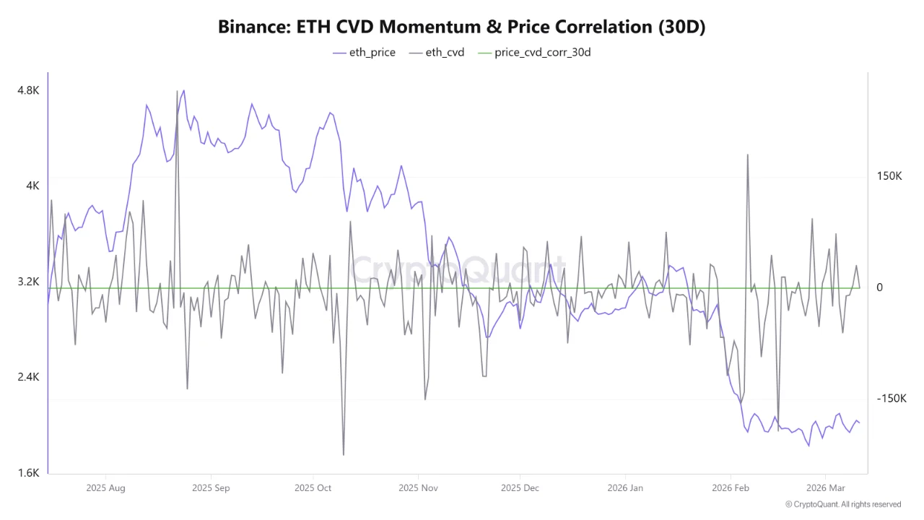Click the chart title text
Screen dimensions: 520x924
pos(461,27)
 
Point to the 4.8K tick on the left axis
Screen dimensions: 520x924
pos(28,90)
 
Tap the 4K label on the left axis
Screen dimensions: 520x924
pos(32,186)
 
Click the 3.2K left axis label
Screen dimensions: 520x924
pos(28,282)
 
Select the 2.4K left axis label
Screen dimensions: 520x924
pos(28,377)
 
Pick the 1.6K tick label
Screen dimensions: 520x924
pos(28,473)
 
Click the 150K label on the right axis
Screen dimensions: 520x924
pos(889,176)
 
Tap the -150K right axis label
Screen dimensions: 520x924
pos(891,399)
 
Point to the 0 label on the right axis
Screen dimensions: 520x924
pos(879,287)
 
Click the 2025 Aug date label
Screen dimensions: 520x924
pos(105,488)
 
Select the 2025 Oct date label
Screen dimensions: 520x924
pos(314,488)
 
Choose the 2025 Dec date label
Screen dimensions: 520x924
pos(520,488)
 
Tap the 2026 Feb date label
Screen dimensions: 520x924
pos(731,488)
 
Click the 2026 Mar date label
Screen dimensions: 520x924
pos(826,488)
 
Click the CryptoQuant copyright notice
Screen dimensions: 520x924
pos(842,504)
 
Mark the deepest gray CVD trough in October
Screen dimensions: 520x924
pos(344,454)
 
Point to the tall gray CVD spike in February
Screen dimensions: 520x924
pos(748,155)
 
